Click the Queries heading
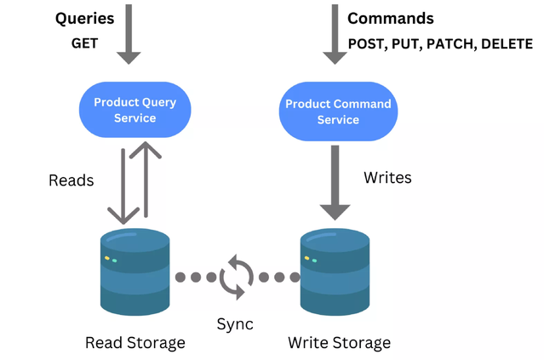[85, 19]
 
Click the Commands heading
[390, 19]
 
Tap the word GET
[84, 43]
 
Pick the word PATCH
[451, 44]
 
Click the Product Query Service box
[135, 110]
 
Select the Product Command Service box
[338, 111]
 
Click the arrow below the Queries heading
[129, 34]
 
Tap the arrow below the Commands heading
[335, 34]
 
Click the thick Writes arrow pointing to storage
[335, 183]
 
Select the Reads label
[71, 180]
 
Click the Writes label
[387, 177]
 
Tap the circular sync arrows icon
[236, 277]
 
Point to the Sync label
[235, 324]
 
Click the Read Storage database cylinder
[135, 272]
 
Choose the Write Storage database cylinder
[335, 272]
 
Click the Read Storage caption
[135, 343]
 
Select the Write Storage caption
[339, 343]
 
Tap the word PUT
[407, 44]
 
